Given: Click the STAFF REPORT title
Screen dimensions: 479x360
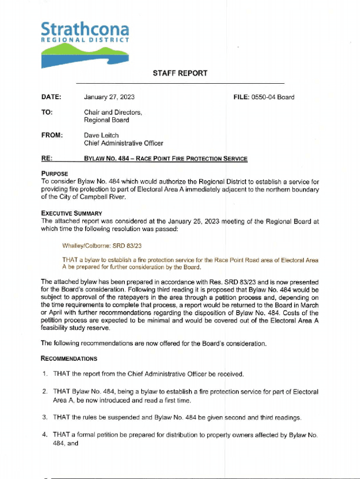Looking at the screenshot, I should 180,73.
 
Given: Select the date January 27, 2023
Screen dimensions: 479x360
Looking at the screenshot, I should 109,97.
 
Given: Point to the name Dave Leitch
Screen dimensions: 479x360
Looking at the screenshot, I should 101,135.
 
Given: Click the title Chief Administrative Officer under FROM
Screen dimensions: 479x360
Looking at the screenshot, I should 123,143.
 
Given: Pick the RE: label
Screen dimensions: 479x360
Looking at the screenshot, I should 46,159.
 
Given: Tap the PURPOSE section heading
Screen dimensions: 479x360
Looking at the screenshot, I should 55,174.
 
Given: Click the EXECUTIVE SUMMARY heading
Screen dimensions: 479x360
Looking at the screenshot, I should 72,213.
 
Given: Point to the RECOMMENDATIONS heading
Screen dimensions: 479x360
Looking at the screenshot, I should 69,359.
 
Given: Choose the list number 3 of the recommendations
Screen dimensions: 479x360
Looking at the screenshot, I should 44,417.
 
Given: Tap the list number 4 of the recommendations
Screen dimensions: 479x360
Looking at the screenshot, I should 44,435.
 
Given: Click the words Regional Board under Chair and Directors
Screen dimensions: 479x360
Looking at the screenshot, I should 106,120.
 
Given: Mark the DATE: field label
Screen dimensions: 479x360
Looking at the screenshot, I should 51,97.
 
